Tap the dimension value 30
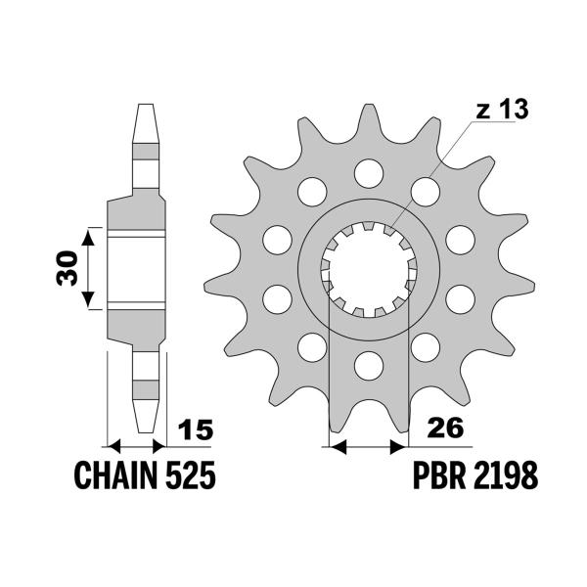tap(68, 267)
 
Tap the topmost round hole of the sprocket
tap(369, 173)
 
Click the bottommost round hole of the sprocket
tap(369, 364)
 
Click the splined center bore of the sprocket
tap(369, 268)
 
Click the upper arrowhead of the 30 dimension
tap(89, 234)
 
